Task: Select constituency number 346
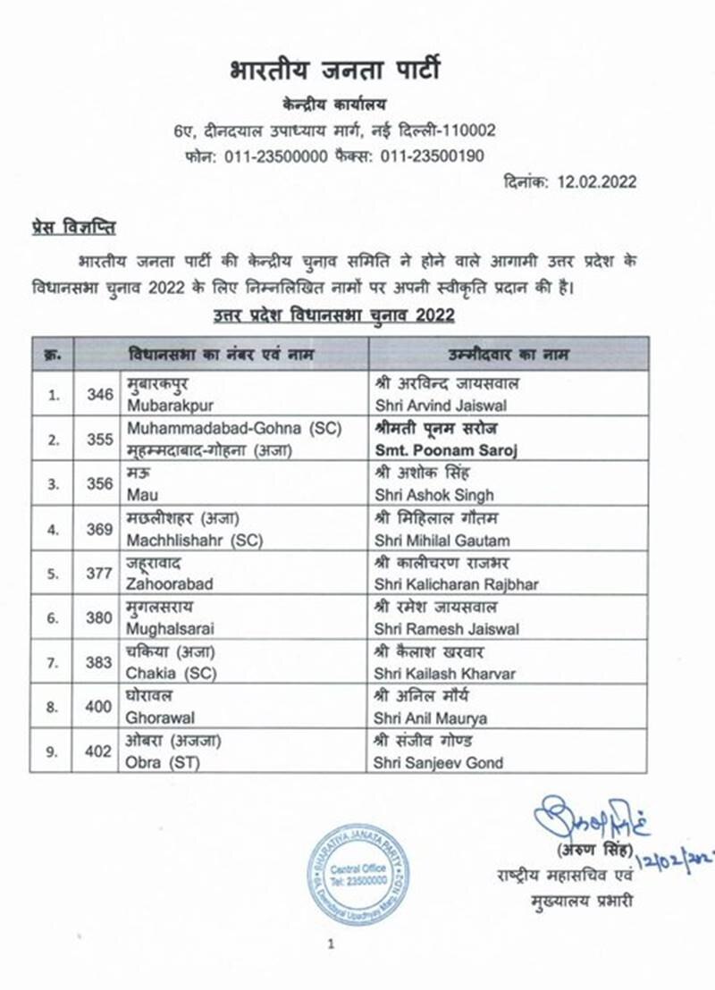[100, 394]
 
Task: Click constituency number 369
[100, 528]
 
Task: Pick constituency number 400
[100, 707]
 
